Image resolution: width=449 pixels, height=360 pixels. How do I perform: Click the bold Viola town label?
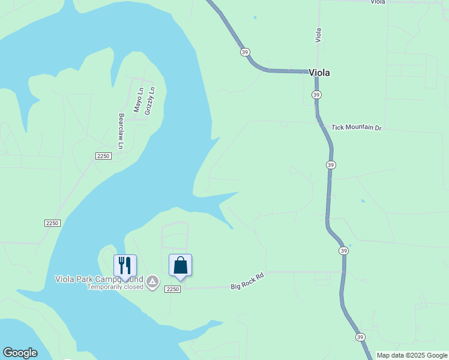[x=319, y=73]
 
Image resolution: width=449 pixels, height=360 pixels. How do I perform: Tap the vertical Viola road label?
[x=319, y=35]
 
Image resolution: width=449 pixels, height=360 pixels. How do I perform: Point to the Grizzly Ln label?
[x=151, y=101]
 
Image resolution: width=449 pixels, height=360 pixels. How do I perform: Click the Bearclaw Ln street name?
[x=121, y=131]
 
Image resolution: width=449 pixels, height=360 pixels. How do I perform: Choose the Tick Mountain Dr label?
[x=357, y=128]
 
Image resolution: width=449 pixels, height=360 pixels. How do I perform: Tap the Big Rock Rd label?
[x=247, y=282]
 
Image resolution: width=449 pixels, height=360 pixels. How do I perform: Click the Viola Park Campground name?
[x=99, y=279]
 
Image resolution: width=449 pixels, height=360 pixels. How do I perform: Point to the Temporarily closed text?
[x=115, y=287]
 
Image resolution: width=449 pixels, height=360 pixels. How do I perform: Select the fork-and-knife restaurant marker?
[x=125, y=265]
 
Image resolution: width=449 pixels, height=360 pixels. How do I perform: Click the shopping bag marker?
[x=180, y=265]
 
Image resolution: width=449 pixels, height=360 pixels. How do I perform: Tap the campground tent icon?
[x=152, y=281]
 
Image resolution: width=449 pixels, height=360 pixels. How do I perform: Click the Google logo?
[x=20, y=353]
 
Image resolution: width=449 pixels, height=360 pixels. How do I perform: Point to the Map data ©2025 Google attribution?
[x=412, y=355]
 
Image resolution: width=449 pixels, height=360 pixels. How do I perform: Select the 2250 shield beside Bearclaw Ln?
[x=103, y=156]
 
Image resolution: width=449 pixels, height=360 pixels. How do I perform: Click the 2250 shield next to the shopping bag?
[x=173, y=289]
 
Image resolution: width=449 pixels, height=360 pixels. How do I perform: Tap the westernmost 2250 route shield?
[x=52, y=223]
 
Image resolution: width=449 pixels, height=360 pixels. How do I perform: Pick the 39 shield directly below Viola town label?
[x=316, y=95]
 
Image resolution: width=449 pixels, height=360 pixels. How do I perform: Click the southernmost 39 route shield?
[x=359, y=337]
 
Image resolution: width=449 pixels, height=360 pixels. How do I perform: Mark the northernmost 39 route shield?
[x=245, y=52]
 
